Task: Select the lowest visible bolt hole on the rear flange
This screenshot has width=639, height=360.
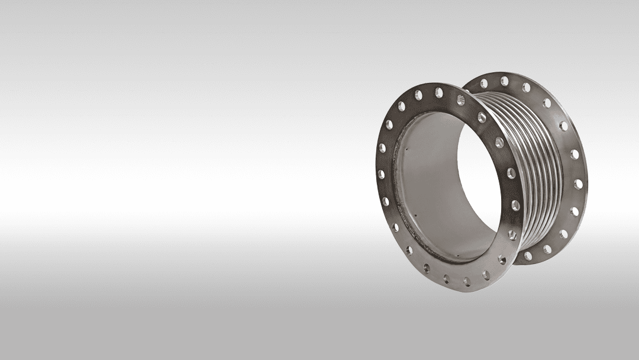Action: click(x=528, y=256)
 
